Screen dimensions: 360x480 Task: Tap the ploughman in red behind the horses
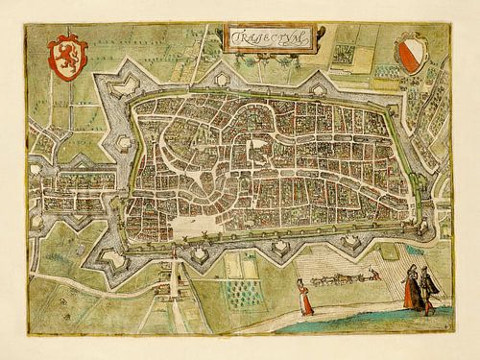click(x=375, y=275)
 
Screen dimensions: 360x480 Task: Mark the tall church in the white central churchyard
click(x=255, y=148)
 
